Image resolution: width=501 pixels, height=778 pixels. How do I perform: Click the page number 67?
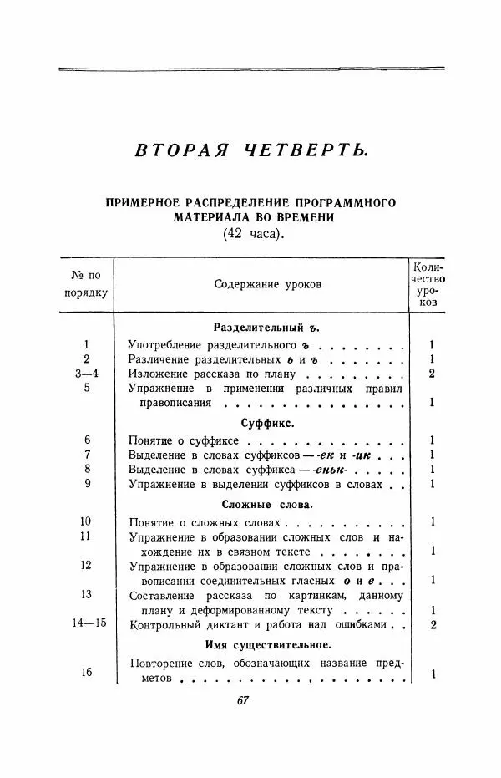click(243, 701)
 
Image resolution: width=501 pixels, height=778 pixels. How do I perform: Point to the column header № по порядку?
click(87, 284)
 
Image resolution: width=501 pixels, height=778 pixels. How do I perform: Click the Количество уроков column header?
click(429, 284)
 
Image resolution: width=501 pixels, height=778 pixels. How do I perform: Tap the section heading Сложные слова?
click(267, 505)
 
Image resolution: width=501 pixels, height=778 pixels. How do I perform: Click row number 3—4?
click(88, 373)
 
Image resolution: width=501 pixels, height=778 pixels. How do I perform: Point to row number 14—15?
click(88, 623)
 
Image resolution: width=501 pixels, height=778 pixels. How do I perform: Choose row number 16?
click(87, 672)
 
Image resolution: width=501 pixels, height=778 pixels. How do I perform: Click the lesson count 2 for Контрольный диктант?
click(432, 624)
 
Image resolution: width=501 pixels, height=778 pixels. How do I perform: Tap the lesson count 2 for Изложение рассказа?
click(432, 373)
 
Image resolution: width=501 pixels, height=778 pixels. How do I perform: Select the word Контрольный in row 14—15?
click(166, 624)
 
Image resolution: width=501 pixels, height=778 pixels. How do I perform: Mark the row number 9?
click(87, 483)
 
